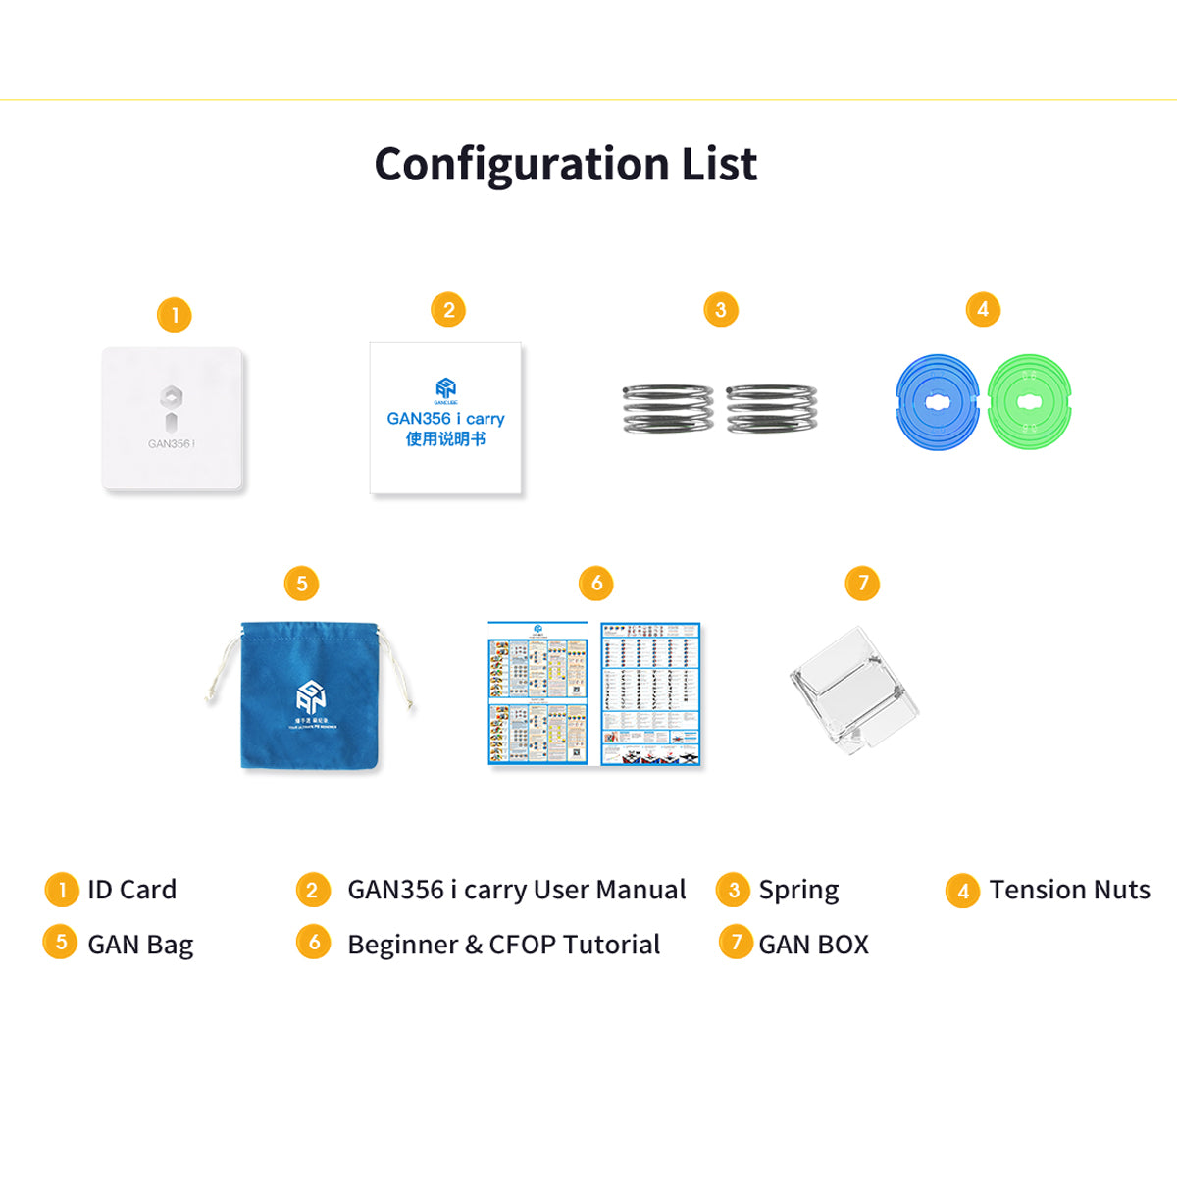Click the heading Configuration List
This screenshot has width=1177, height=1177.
tap(566, 164)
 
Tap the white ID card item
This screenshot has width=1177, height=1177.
tap(173, 419)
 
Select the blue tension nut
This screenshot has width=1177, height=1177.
tap(938, 402)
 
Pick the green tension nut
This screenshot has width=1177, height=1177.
tap(1029, 402)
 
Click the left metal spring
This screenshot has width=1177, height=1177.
tap(668, 408)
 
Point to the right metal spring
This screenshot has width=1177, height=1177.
tap(771, 408)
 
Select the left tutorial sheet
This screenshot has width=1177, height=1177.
tap(538, 694)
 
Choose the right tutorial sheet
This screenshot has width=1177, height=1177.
tap(651, 693)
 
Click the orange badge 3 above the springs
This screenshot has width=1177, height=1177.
tap(721, 310)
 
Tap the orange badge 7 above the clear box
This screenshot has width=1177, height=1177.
tap(862, 584)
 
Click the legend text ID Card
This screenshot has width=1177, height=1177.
tap(131, 890)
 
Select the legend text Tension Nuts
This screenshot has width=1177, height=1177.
tap(1069, 890)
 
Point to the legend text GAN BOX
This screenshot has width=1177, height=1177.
tap(813, 945)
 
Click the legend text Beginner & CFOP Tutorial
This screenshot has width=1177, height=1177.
tap(503, 945)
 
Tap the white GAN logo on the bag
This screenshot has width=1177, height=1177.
tap(311, 697)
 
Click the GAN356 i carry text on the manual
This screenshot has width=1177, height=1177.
tap(445, 419)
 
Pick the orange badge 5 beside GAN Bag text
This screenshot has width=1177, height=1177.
tap(60, 943)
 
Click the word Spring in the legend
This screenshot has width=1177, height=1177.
tap(798, 891)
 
